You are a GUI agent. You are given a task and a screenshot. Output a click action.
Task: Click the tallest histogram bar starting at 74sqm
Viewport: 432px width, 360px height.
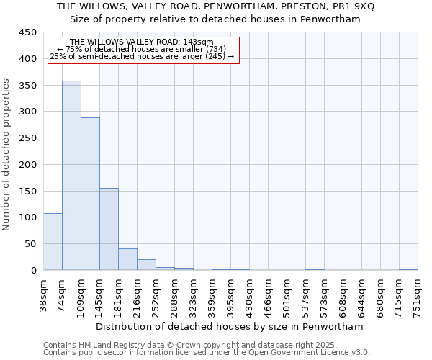click(71, 176)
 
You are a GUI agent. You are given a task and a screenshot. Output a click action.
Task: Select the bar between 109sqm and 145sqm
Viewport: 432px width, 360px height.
click(90, 194)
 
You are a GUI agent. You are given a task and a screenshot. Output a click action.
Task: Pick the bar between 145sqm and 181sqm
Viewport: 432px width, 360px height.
click(109, 229)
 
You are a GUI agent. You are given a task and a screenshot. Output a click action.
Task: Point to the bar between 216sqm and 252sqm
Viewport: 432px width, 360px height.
click(146, 265)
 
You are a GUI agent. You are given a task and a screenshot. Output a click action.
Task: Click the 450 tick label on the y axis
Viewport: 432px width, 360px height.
click(27, 32)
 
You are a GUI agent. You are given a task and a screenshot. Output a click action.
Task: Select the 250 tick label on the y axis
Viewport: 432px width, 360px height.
click(27, 138)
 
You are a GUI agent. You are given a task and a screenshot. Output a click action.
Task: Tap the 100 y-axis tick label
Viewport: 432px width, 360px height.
click(27, 217)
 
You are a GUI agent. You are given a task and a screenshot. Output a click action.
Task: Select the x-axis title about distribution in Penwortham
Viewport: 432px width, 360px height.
click(230, 326)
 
